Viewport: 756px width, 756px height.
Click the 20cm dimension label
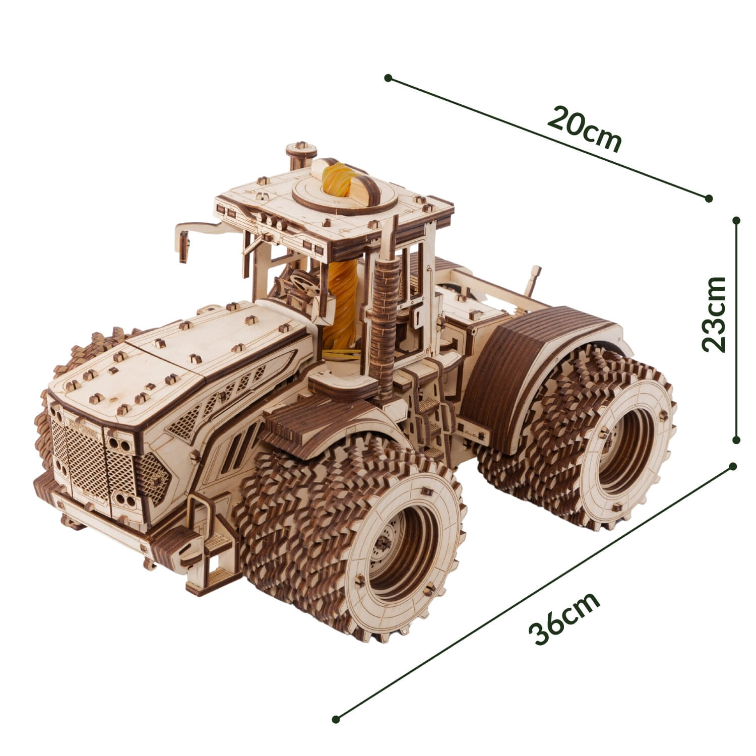point(585,129)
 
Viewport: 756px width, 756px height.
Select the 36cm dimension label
point(564,617)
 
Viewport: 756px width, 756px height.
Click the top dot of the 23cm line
point(737,220)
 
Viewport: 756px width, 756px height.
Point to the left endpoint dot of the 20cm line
point(388,78)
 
